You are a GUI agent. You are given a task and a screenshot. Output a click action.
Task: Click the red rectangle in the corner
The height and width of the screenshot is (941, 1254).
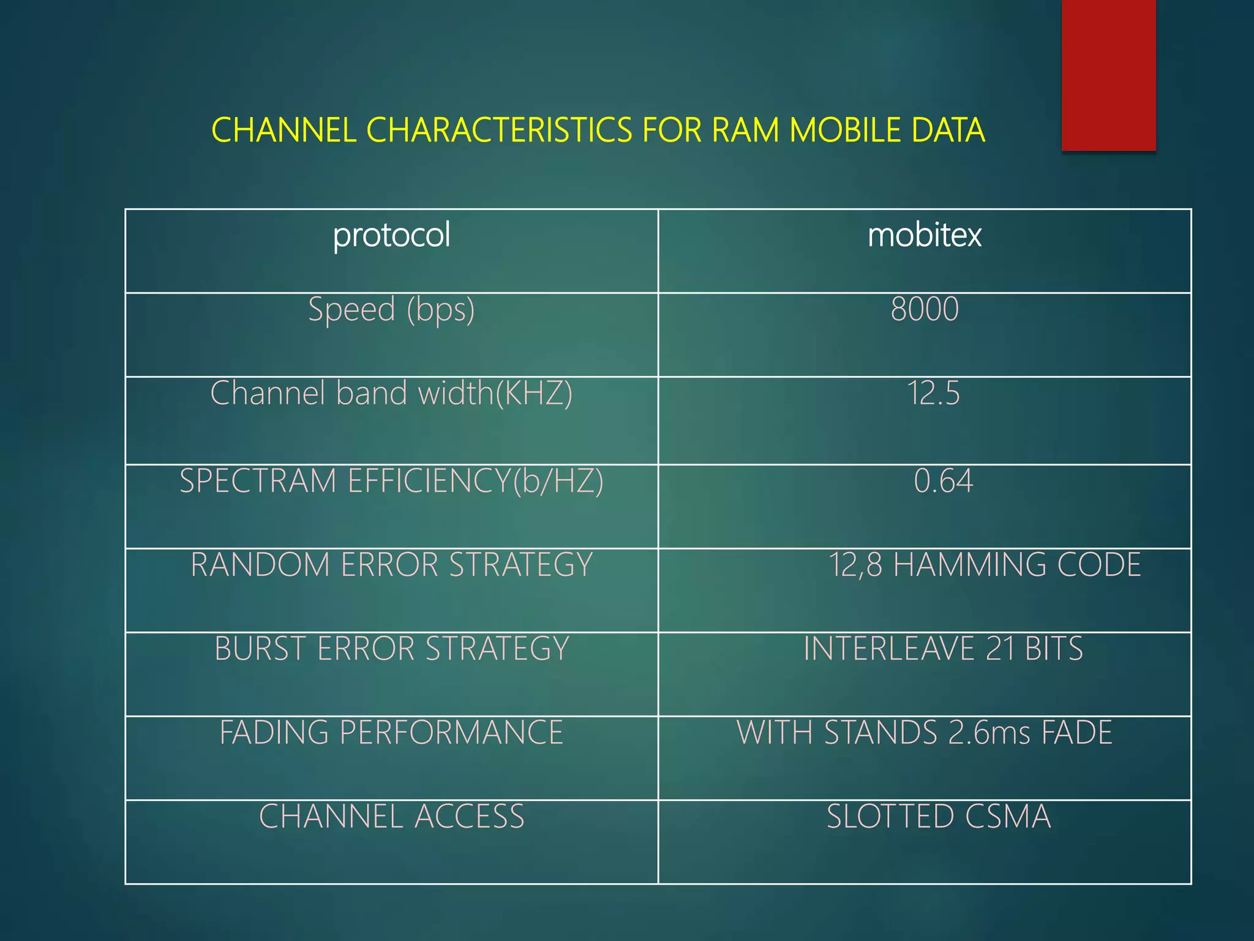tap(1108, 75)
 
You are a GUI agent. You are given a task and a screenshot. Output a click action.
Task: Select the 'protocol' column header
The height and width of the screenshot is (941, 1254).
tap(391, 235)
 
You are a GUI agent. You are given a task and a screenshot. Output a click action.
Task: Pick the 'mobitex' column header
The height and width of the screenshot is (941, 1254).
tap(924, 235)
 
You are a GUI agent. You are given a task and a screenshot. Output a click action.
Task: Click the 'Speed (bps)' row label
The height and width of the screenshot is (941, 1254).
tap(391, 309)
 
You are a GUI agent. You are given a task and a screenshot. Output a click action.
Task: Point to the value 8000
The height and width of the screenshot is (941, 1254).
tap(924, 309)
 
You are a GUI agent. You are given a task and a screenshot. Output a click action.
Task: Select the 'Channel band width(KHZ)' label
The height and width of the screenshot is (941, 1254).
tap(391, 393)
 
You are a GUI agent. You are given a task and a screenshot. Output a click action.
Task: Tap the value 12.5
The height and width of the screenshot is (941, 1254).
tap(933, 393)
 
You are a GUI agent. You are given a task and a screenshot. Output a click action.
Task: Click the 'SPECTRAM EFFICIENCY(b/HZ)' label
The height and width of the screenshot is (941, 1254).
tap(391, 481)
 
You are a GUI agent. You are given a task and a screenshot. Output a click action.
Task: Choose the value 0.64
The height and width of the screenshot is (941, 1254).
tap(943, 481)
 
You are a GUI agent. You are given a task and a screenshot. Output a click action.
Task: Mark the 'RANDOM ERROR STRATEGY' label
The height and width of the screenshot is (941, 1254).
tap(391, 565)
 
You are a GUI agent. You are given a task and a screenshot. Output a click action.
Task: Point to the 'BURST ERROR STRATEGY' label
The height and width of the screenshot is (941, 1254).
tap(391, 649)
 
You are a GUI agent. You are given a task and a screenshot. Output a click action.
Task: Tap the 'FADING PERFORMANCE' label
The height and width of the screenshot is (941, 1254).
tap(391, 733)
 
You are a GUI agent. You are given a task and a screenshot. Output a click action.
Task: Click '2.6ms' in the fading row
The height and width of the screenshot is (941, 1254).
tap(989, 733)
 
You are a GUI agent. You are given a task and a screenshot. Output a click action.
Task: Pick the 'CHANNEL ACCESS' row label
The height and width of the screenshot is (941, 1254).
tap(391, 817)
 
